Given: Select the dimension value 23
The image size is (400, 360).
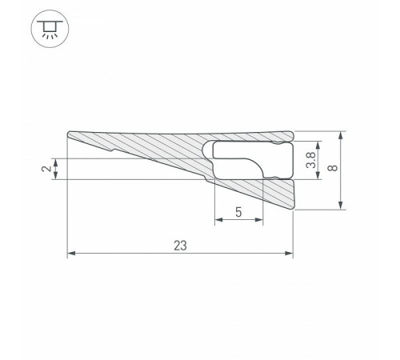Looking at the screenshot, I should pos(180,246).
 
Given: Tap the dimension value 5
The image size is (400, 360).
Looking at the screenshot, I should pos(238,212).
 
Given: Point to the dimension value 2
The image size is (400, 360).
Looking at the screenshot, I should pos(46,168).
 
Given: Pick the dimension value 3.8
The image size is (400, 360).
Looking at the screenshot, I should pos(311,160).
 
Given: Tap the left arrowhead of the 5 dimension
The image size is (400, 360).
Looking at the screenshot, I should pos(218,222).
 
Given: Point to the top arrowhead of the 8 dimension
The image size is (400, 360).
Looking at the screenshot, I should pos(343,133).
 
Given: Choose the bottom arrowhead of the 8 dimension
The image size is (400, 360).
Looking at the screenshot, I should pos(343,207).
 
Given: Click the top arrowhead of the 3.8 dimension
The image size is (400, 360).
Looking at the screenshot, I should pos(318,145).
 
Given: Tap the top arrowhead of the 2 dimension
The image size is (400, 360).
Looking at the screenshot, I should pos(54,160).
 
